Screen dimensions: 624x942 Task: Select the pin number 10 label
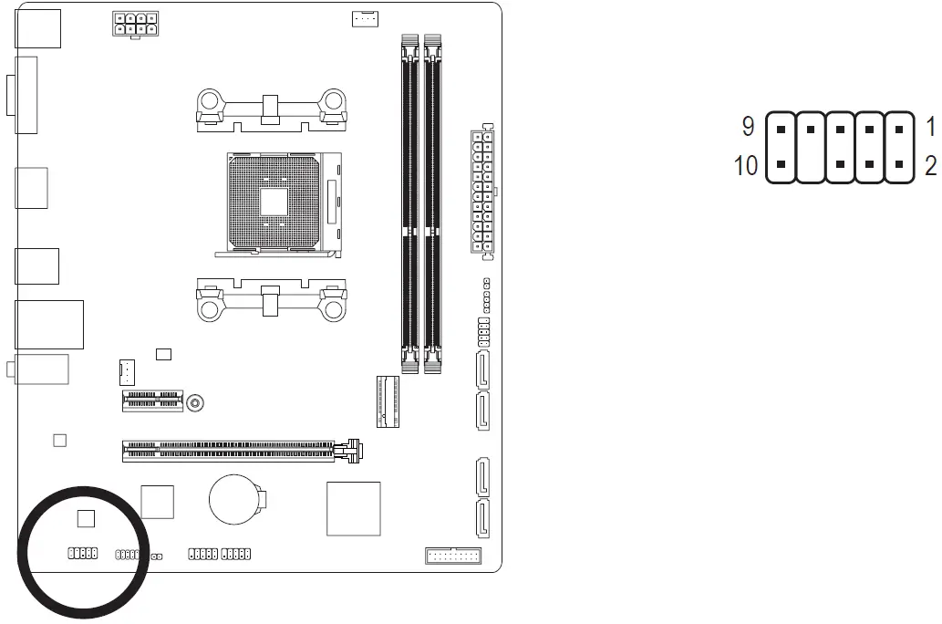click(745, 166)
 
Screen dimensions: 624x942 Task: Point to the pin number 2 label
click(930, 166)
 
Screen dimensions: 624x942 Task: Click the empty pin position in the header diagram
click(810, 166)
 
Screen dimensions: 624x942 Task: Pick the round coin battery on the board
click(236, 499)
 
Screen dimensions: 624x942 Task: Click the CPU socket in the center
click(274, 201)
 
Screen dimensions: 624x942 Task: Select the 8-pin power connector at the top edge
click(134, 24)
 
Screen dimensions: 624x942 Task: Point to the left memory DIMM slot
click(410, 205)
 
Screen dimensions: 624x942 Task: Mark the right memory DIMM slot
click(432, 205)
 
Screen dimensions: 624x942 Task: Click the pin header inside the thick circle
click(82, 554)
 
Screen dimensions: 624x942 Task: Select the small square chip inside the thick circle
click(86, 519)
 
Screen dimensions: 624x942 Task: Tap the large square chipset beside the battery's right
click(353, 508)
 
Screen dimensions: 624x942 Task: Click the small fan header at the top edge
click(365, 18)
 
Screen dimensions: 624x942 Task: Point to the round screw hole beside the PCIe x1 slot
click(195, 401)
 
